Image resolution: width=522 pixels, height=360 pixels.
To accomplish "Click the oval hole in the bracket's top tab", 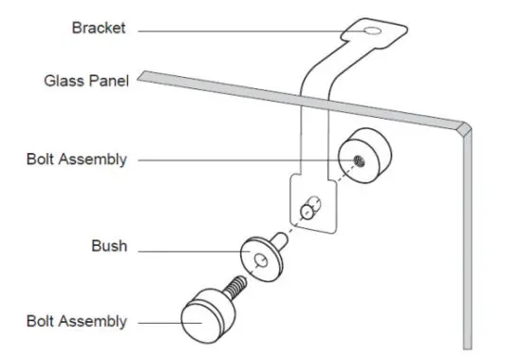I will click(375, 33).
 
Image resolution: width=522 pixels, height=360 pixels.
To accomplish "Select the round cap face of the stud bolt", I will click(196, 323).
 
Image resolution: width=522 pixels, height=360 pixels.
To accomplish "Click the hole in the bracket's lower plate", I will click(307, 209).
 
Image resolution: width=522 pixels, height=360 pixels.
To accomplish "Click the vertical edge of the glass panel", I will click(465, 247).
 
